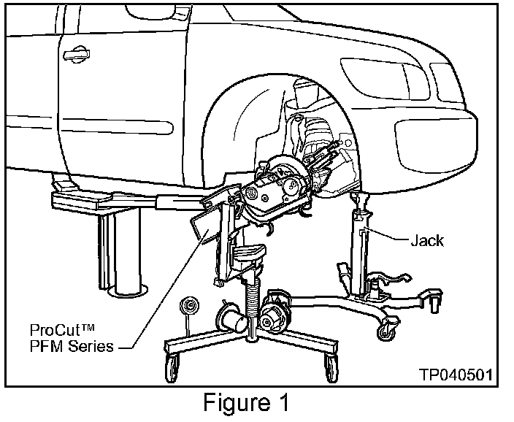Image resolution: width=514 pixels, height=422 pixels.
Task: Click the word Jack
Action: pos(427,240)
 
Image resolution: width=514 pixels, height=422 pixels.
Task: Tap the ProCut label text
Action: pos(62,329)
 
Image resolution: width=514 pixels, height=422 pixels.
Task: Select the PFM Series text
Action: pos(72,346)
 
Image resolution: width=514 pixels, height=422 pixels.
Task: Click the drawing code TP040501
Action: pos(456,374)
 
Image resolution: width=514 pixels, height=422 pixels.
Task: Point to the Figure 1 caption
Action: pos(246,402)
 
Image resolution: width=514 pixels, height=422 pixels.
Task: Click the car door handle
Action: pos(77,54)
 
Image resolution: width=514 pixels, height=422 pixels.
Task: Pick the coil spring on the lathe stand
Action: pos(252,299)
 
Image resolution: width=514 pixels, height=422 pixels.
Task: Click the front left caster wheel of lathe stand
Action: pos(172,367)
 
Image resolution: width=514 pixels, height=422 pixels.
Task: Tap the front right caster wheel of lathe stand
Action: pos(331,367)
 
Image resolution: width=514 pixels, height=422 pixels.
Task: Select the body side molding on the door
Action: pos(117,126)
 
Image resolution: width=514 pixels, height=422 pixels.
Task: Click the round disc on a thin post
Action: pos(190,306)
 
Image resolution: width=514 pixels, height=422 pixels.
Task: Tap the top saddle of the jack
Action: pos(359,198)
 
